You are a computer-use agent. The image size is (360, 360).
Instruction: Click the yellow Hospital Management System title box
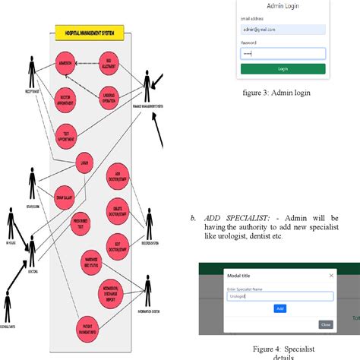click(x=90, y=33)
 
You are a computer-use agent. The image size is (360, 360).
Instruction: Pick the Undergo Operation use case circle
click(x=109, y=97)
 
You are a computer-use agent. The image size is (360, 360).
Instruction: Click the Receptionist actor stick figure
click(x=32, y=73)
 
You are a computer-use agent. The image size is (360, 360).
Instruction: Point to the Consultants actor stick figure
click(x=7, y=308)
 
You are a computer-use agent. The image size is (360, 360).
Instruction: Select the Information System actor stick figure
click(x=144, y=293)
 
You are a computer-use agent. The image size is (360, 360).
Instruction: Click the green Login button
click(x=283, y=68)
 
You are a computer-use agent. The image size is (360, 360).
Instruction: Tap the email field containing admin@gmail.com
click(x=283, y=30)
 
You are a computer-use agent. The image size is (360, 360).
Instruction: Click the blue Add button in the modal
click(x=279, y=308)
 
